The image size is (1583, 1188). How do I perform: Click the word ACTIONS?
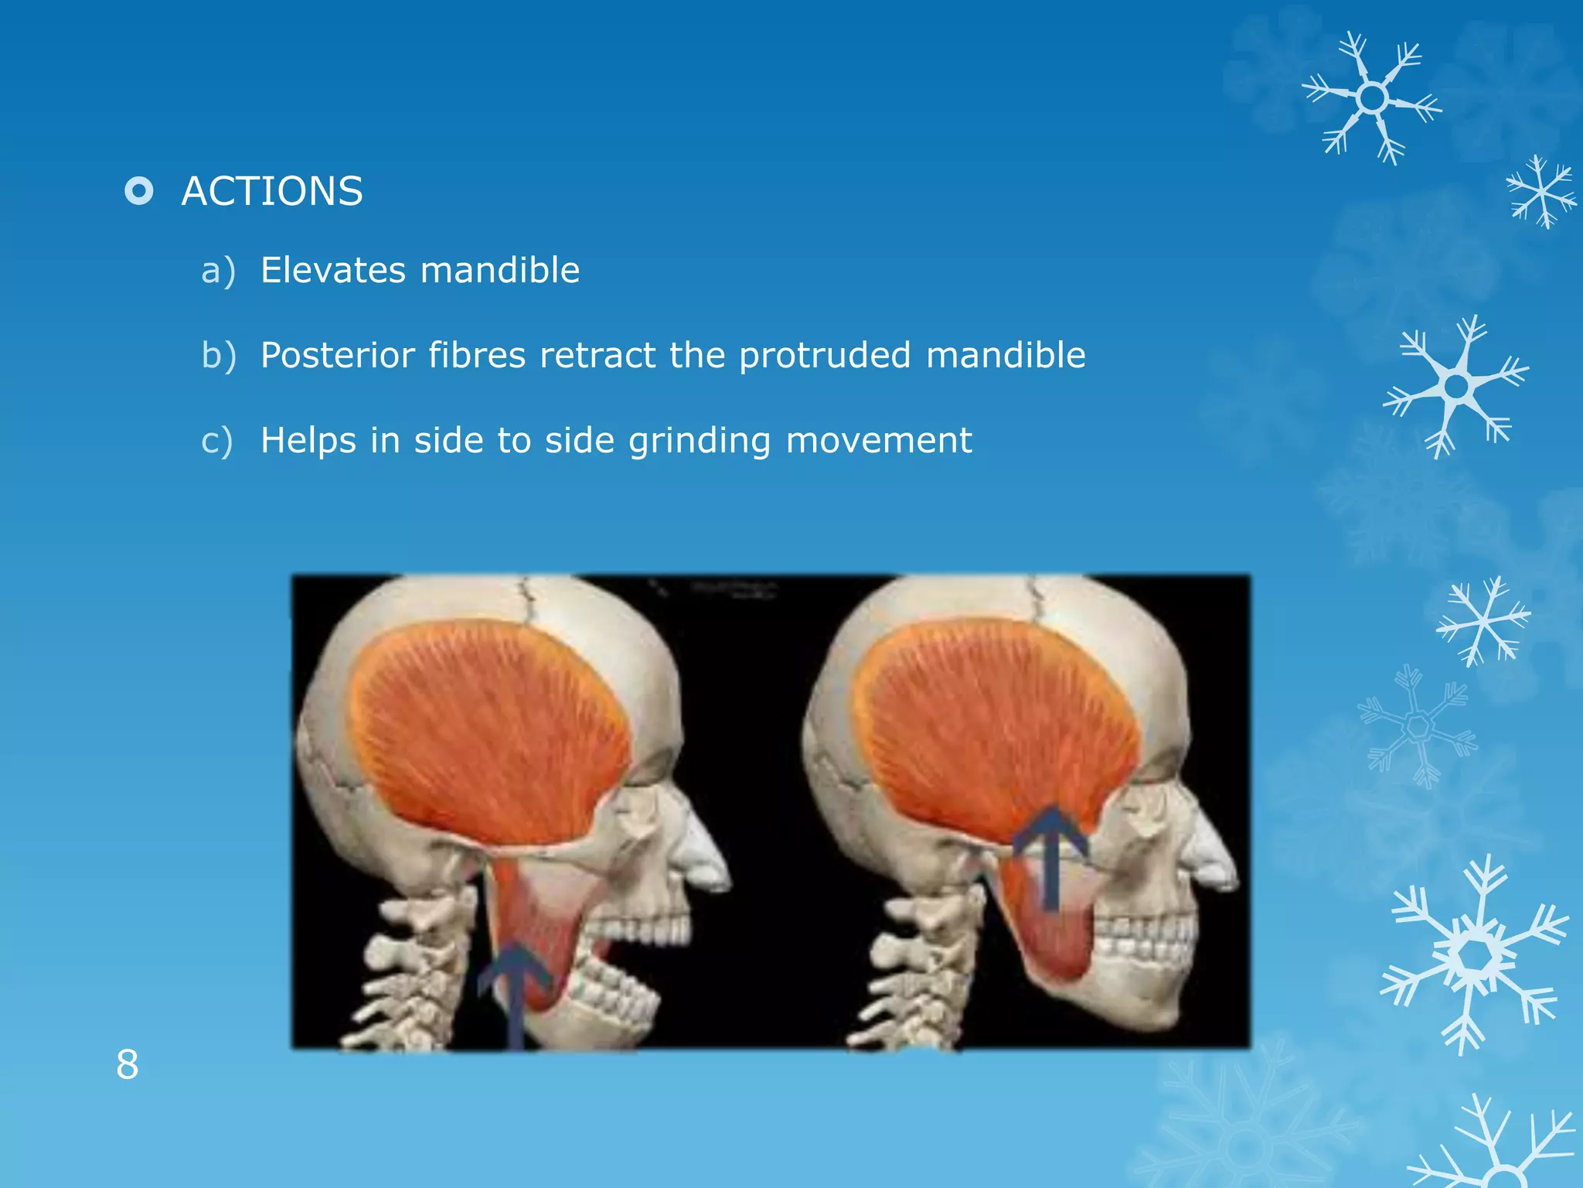(x=271, y=191)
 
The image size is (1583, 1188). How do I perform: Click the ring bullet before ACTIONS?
(x=139, y=190)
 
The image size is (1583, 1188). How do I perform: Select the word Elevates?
(x=332, y=270)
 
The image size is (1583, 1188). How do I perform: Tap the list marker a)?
(x=218, y=271)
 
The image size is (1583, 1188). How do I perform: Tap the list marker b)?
(x=219, y=356)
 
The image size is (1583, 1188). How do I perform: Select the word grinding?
(x=700, y=441)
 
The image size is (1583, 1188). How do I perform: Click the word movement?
(x=879, y=441)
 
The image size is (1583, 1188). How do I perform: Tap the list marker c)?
(x=216, y=441)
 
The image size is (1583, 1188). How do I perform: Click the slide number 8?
(x=128, y=1064)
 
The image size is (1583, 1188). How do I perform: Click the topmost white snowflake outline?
(x=1372, y=98)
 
